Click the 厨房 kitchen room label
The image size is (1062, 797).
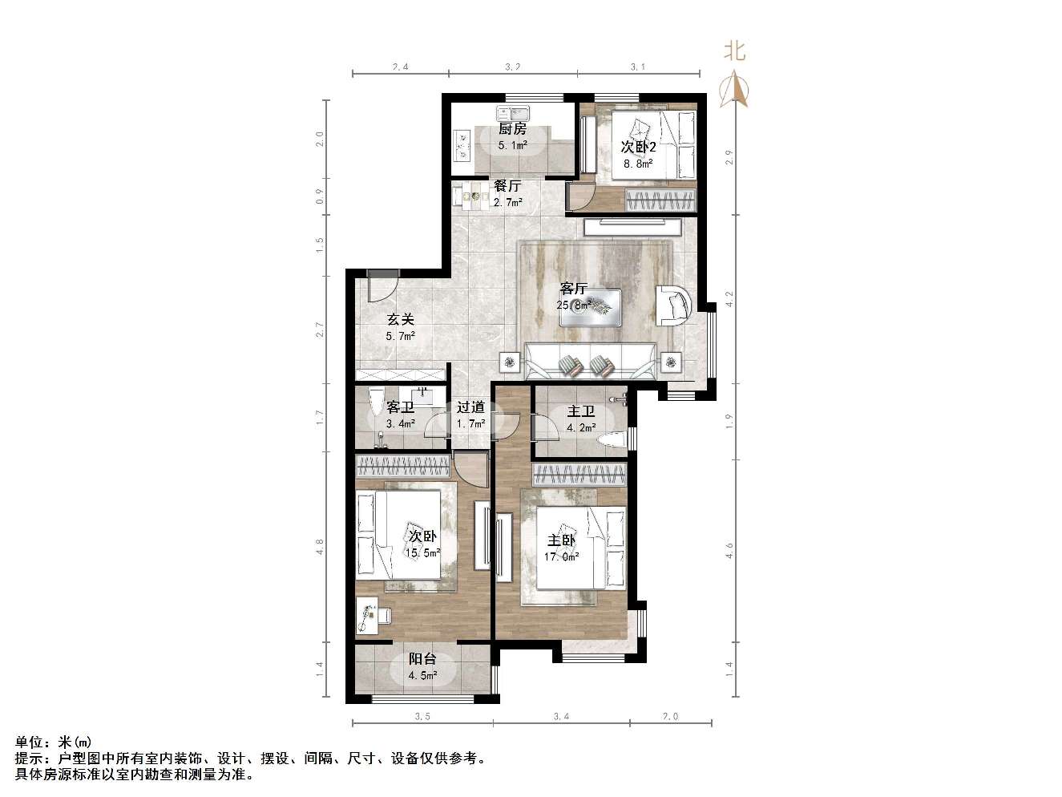coord(513,128)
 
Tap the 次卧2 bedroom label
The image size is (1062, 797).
coord(639,148)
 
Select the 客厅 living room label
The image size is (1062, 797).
coord(574,288)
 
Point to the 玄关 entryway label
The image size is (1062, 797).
coord(401,319)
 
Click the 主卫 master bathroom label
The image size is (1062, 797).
coord(581,411)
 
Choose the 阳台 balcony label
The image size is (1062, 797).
coord(422,659)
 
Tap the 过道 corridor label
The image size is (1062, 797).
coord(470,407)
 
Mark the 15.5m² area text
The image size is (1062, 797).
coord(422,552)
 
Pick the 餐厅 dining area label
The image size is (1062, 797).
coord(507,186)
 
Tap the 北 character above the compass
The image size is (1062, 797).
coord(734,51)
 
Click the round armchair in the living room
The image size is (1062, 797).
coord(675,305)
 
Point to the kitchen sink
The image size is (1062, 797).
coord(514,112)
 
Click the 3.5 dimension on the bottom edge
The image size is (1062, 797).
coord(422,717)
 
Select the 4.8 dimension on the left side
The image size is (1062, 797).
coord(320,547)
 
